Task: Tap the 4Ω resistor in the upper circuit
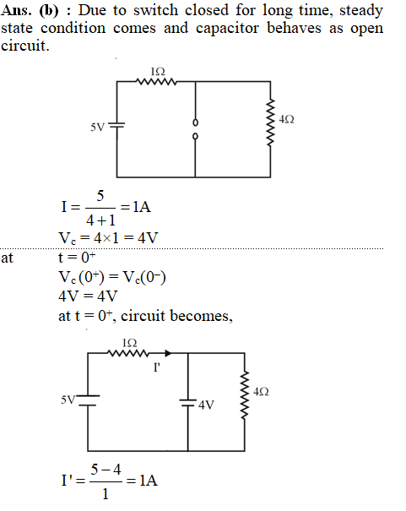pos(270,122)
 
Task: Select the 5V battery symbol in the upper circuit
pos(116,125)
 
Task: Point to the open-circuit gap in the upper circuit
pos(195,129)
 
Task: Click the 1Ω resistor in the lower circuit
pos(128,353)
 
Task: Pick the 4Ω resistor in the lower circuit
pos(245,394)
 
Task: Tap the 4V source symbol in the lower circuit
pos(188,403)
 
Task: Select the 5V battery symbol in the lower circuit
pos(88,400)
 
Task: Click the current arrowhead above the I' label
pos(168,353)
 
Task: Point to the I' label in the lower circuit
pos(157,367)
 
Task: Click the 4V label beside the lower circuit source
pos(206,405)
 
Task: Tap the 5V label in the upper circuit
pos(97,127)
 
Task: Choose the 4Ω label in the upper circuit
pos(286,120)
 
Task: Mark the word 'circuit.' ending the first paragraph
pos(25,46)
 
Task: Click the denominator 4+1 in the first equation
pos(100,220)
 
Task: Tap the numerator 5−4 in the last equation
pos(106,470)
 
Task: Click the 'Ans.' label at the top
pos(17,10)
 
